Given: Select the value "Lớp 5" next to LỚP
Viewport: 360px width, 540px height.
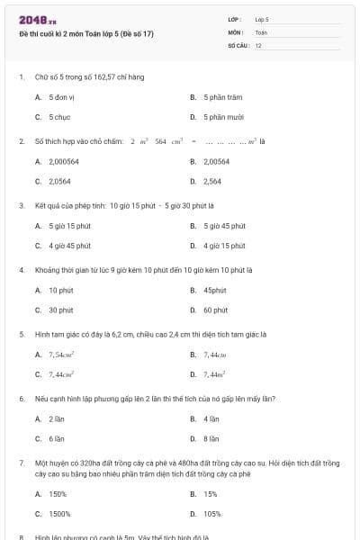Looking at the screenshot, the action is click(x=262, y=19).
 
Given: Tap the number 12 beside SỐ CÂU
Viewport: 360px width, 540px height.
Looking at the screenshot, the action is click(x=258, y=45).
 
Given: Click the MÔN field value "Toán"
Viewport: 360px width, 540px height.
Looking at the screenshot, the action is click(x=261, y=32).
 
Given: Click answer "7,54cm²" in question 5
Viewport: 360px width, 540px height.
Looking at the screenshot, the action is click(x=61, y=355).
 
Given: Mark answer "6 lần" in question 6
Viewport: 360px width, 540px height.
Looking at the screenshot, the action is click(x=57, y=439).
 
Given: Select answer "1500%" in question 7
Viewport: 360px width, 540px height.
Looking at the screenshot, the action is click(x=58, y=515).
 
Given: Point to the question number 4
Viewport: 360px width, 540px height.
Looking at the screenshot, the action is click(x=21, y=270).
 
